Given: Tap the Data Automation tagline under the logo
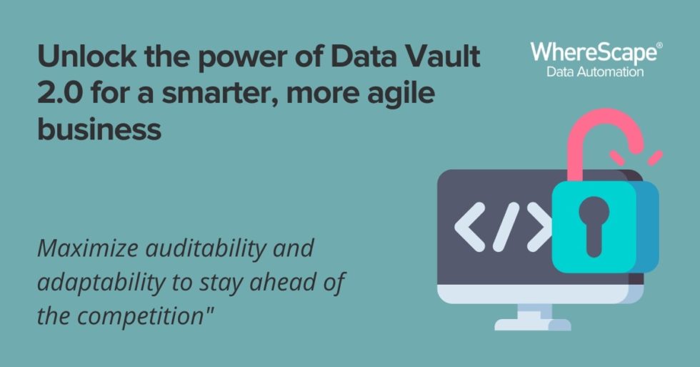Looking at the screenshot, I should pos(595,72).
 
